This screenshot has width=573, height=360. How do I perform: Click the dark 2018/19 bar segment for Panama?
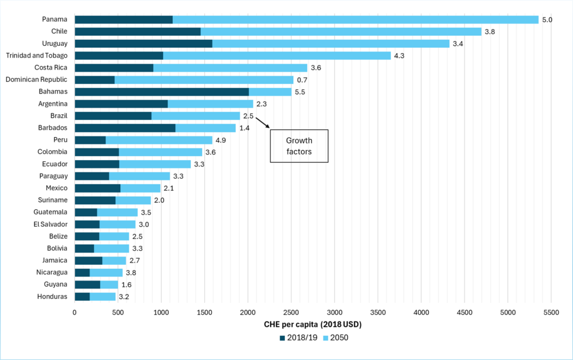coord(123,20)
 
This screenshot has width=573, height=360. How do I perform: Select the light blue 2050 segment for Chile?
coord(340,31)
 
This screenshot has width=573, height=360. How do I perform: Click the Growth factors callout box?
coord(299,146)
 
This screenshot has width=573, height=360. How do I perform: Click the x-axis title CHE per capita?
coord(312,324)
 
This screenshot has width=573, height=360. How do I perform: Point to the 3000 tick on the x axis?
coord(335,312)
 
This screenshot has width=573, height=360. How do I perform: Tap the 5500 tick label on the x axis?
coord(551,312)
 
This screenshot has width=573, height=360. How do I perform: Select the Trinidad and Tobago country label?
coord(36,55)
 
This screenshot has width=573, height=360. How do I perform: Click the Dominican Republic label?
coord(36,80)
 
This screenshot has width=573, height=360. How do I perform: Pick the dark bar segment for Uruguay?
coord(143,44)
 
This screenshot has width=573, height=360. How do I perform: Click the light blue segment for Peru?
coord(159,140)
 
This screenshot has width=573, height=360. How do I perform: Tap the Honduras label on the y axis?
coord(53,296)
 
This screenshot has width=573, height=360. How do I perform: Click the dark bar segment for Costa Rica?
coord(114,68)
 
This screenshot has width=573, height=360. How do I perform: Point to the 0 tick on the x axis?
coord(74,312)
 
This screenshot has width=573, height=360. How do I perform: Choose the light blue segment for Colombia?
coord(160,152)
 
